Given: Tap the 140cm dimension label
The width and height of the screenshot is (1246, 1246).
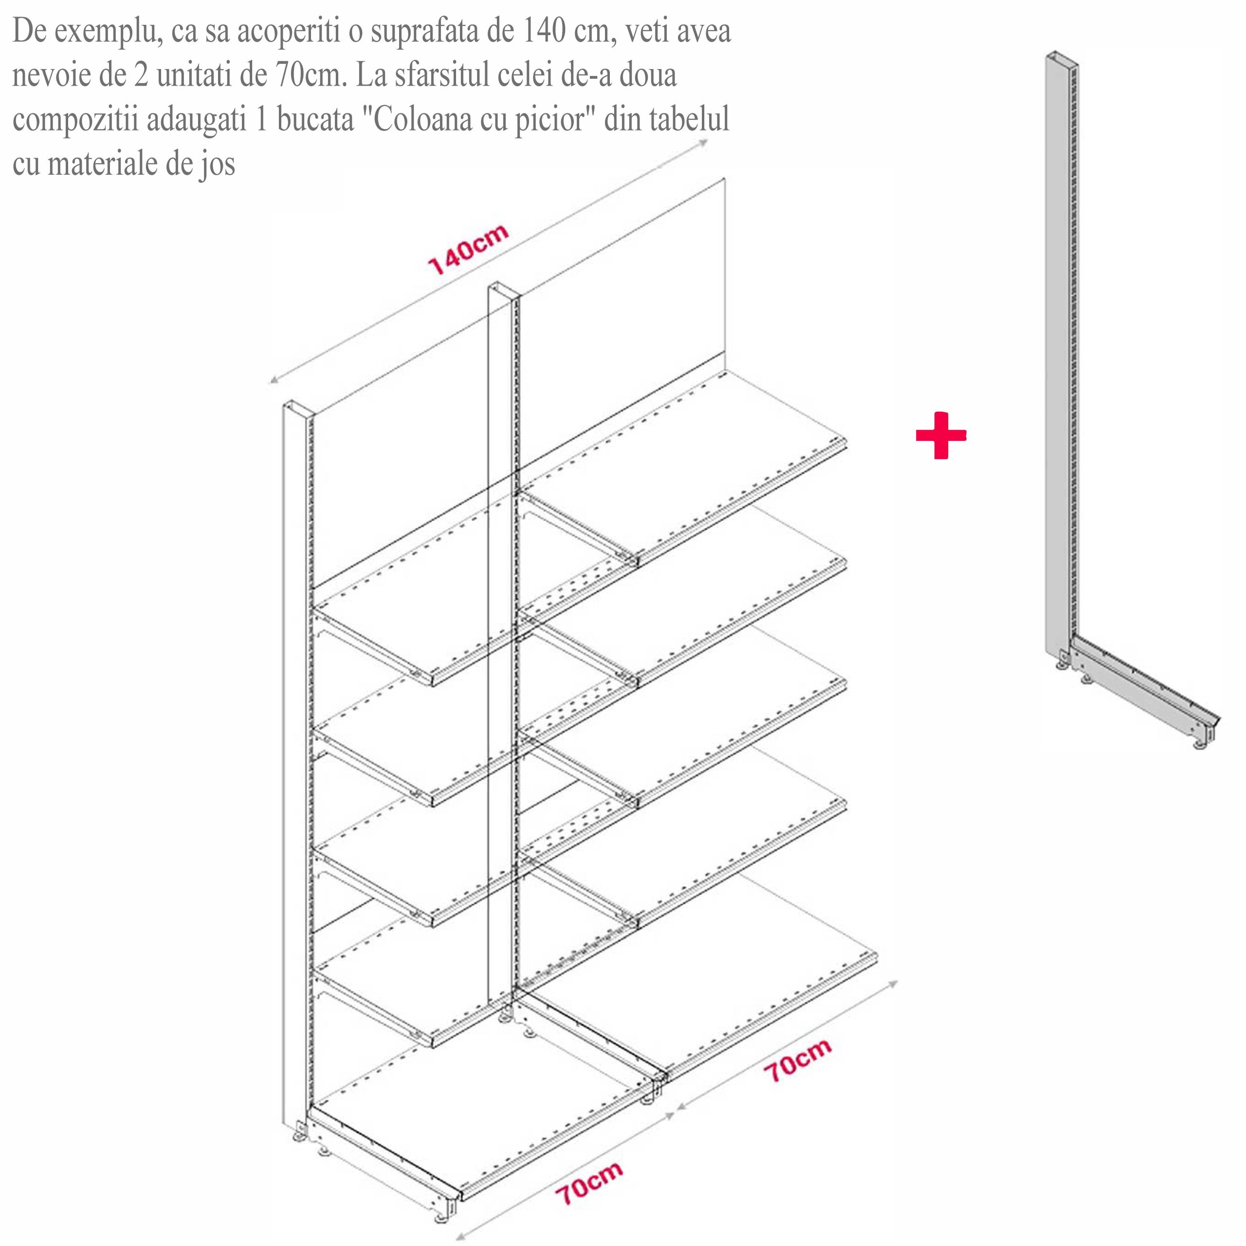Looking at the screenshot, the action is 468,250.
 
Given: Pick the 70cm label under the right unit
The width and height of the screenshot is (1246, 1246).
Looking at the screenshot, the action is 798,1061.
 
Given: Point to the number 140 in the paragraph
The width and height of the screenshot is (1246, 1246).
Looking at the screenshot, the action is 544,31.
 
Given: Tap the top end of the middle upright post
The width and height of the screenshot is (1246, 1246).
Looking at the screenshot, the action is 504,290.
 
